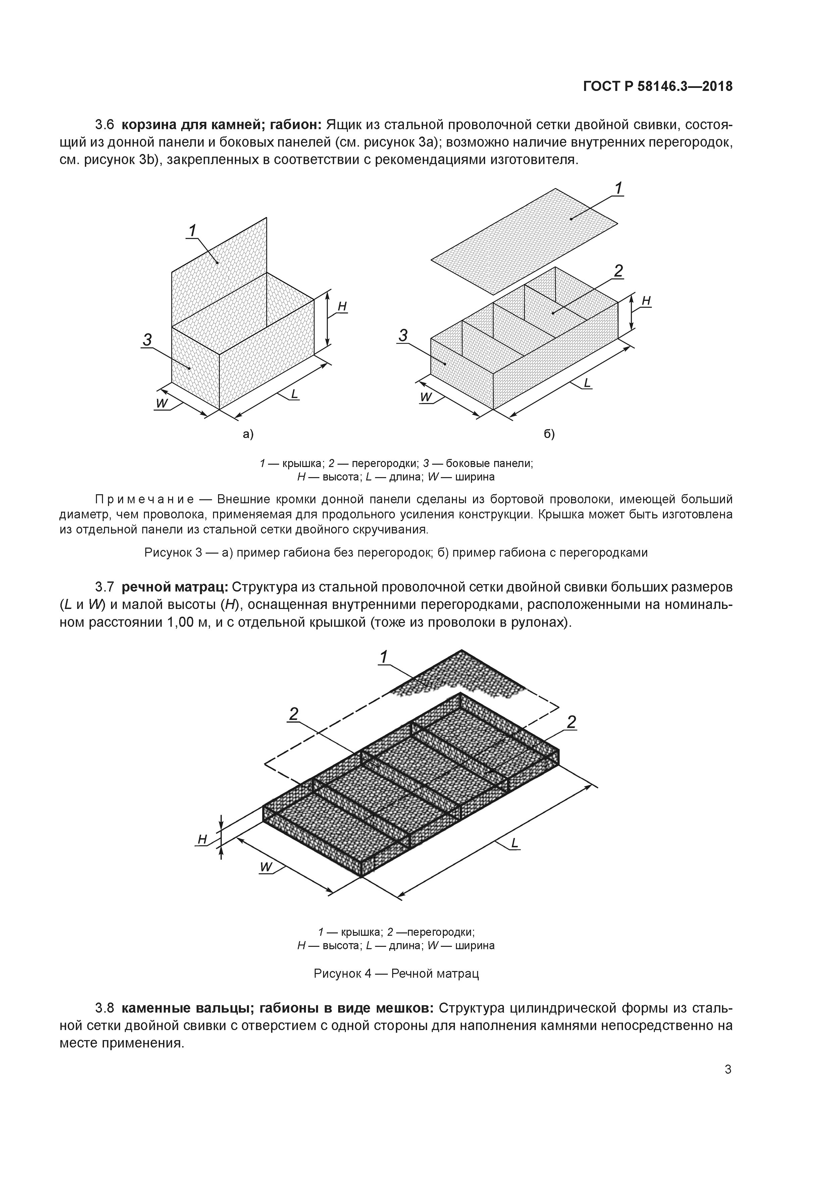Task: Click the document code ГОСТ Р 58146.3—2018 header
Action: [658, 87]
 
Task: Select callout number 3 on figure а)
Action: [148, 339]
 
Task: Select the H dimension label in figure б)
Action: [646, 301]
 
